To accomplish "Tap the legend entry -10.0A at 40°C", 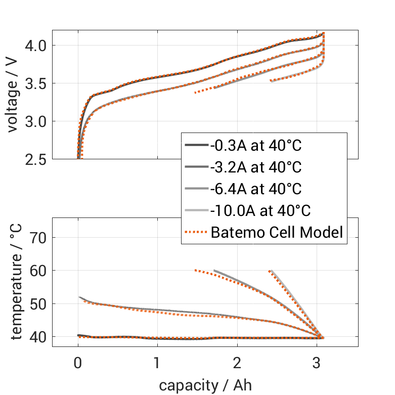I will click(260, 211).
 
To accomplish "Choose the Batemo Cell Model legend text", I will click(277, 233).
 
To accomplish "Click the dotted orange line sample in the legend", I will click(196, 233).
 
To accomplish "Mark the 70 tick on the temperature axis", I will click(40, 238).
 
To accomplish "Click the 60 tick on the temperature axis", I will click(40, 271).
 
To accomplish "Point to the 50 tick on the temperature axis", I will click(40, 304).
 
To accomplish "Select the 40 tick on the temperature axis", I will click(40, 337).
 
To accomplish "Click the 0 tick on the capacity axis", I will click(78, 363).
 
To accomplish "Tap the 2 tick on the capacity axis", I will click(237, 363).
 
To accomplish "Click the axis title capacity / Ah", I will click(205, 385).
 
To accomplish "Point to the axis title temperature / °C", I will click(17, 282).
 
